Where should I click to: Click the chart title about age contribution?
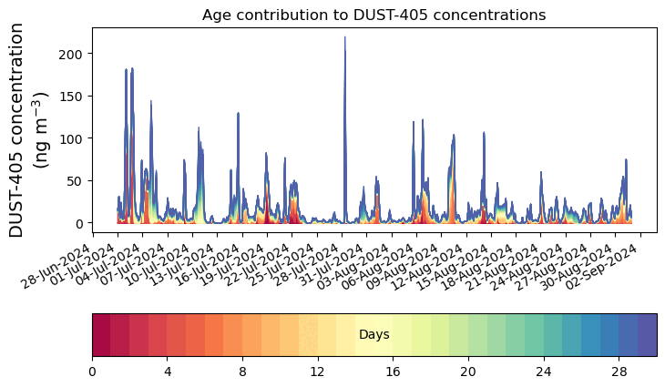pyautogui.click(x=373, y=15)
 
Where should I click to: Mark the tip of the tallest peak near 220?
pyautogui.click(x=344, y=37)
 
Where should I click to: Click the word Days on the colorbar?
pyautogui.click(x=374, y=335)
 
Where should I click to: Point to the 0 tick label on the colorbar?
pyautogui.click(x=92, y=372)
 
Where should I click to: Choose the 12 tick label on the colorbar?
pyautogui.click(x=318, y=372)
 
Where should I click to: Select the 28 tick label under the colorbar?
pyautogui.click(x=619, y=372)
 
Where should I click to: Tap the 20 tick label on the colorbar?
pyautogui.click(x=468, y=372)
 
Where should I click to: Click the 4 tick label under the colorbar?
pyautogui.click(x=168, y=372)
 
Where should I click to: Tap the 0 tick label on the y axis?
pyautogui.click(x=81, y=223)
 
